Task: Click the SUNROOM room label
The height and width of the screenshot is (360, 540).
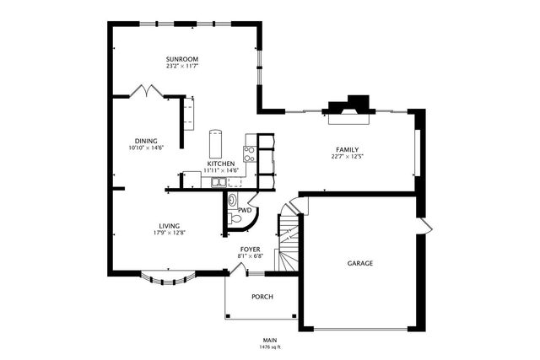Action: pyautogui.click(x=181, y=57)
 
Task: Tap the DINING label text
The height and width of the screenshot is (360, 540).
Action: pyautogui.click(x=145, y=140)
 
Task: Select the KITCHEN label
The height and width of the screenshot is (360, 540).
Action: pyautogui.click(x=220, y=164)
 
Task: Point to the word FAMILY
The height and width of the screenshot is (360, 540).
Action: pyautogui.click(x=347, y=149)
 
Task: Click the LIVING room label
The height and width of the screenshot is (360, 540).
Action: pyautogui.click(x=169, y=225)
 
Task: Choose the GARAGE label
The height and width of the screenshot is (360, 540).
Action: pyautogui.click(x=360, y=263)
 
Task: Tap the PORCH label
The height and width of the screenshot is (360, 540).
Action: pyautogui.click(x=262, y=296)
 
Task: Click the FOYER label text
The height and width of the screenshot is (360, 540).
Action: pyautogui.click(x=250, y=250)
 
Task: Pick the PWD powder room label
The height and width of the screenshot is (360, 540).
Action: pyautogui.click(x=245, y=210)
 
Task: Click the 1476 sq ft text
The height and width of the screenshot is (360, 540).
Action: pyautogui.click(x=269, y=347)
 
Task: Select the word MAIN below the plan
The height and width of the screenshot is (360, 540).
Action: pyautogui.click(x=269, y=340)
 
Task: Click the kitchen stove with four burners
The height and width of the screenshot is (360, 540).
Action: pyautogui.click(x=250, y=153)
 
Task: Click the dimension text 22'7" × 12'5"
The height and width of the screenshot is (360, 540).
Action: pyautogui.click(x=347, y=156)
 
